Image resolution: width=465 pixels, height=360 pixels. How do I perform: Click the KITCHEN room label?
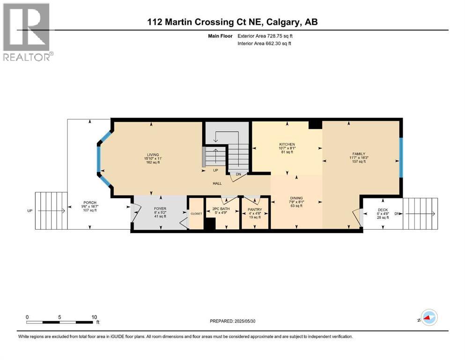[286, 144]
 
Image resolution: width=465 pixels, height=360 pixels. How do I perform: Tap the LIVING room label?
[152, 155]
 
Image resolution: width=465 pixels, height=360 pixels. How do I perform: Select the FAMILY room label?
[359, 153]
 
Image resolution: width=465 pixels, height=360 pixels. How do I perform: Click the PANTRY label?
[255, 210]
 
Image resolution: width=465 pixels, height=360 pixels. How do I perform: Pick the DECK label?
[383, 210]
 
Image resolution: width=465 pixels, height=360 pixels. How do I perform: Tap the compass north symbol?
[428, 318]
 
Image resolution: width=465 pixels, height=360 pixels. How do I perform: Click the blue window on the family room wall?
[401, 157]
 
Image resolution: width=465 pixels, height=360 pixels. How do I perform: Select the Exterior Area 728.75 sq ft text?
[265, 36]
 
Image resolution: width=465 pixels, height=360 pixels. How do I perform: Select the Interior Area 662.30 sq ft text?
[264, 44]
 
